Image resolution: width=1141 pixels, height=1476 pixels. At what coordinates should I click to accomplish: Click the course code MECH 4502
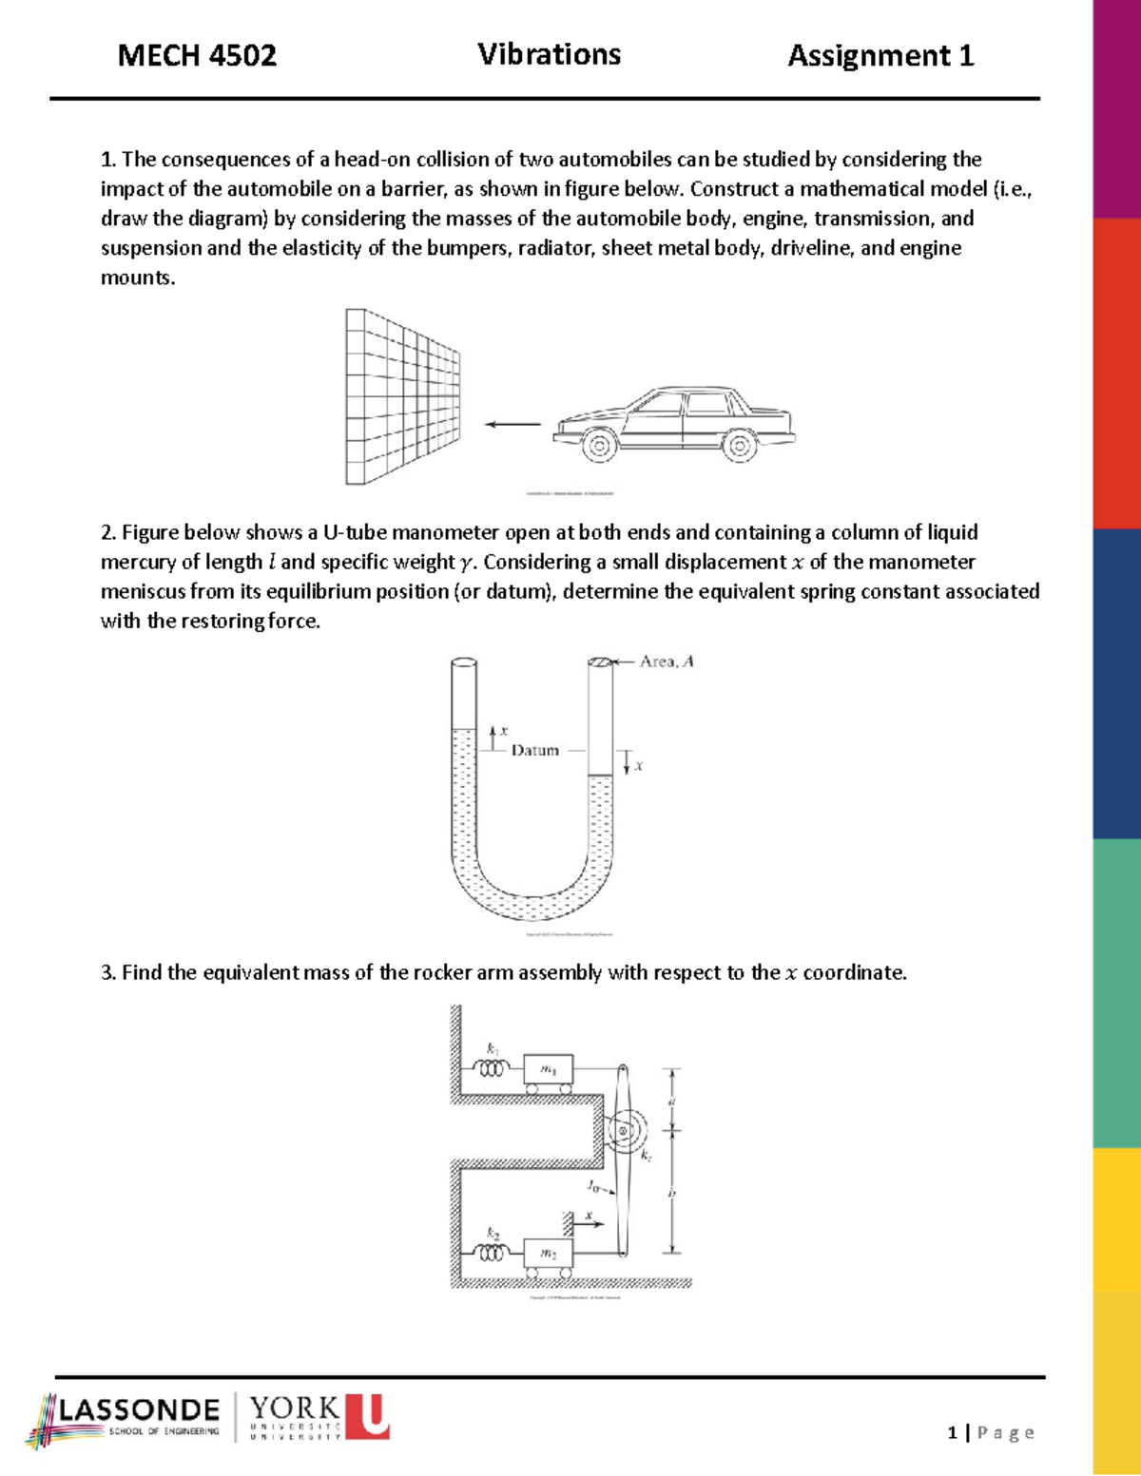pyautogui.click(x=197, y=56)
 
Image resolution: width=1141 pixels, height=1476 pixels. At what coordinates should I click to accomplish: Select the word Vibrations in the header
pyautogui.click(x=549, y=54)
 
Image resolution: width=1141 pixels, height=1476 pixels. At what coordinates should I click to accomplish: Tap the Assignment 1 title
pyautogui.click(x=880, y=56)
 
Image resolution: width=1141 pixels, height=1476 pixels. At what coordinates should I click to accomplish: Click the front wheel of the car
pyautogui.click(x=599, y=445)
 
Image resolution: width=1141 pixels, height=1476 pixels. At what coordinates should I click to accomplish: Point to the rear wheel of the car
pyautogui.click(x=739, y=445)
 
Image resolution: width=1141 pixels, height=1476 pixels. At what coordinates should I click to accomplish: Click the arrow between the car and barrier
pyautogui.click(x=512, y=424)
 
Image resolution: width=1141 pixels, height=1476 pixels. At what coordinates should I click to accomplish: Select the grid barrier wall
pyautogui.click(x=402, y=396)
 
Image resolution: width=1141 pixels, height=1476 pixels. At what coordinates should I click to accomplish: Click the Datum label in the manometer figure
pyautogui.click(x=534, y=750)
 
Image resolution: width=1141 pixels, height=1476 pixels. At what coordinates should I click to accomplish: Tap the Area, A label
pyautogui.click(x=666, y=661)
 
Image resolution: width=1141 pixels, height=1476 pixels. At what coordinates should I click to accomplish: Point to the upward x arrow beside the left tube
pyautogui.click(x=493, y=737)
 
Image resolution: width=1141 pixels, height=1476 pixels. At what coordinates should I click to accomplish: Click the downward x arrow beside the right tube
pyautogui.click(x=628, y=762)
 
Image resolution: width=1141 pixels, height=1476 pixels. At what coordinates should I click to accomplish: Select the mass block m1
pyautogui.click(x=549, y=1069)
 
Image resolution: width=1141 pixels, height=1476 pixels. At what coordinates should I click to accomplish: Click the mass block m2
pyautogui.click(x=549, y=1254)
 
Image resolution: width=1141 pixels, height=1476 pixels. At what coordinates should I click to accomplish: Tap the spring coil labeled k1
pyautogui.click(x=492, y=1069)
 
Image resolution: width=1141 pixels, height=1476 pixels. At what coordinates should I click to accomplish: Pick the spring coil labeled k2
pyautogui.click(x=492, y=1254)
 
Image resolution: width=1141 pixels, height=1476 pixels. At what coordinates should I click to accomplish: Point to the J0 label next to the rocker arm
pyautogui.click(x=593, y=1186)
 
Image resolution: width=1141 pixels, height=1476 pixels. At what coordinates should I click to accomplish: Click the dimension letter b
pyautogui.click(x=672, y=1193)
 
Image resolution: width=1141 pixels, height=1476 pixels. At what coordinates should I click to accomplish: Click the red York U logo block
pyautogui.click(x=367, y=1416)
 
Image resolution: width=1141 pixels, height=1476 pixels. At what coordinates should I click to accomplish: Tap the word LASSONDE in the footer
pyautogui.click(x=139, y=1409)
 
